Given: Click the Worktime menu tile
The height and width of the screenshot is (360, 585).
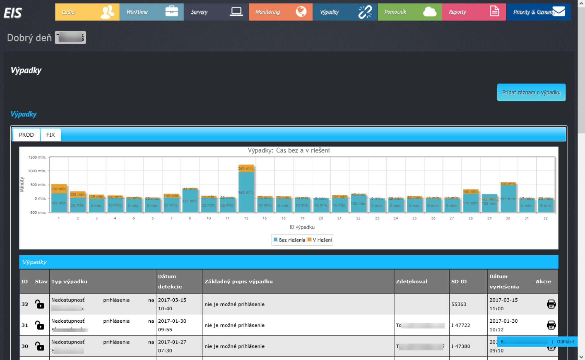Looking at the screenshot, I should pyautogui.click(x=151, y=12).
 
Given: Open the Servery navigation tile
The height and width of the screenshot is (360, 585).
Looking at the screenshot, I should pyautogui.click(x=216, y=12).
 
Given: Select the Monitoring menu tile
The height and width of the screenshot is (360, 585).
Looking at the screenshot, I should pyautogui.click(x=280, y=12).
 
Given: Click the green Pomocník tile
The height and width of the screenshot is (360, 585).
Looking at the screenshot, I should pyautogui.click(x=409, y=12).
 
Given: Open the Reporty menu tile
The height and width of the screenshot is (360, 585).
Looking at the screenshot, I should pyautogui.click(x=473, y=12).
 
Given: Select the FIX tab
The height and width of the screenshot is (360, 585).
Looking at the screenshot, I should pyautogui.click(x=50, y=135).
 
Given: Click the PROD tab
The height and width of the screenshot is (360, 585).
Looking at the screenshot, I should pyautogui.click(x=26, y=135).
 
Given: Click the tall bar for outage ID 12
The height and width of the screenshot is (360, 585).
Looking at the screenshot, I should pyautogui.click(x=246, y=190).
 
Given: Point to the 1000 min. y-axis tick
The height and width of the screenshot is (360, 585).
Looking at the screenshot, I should pyautogui.click(x=37, y=171).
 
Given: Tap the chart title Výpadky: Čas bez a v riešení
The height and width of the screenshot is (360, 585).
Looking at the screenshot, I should pyautogui.click(x=288, y=150).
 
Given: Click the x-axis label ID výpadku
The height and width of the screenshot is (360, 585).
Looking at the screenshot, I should pyautogui.click(x=302, y=227).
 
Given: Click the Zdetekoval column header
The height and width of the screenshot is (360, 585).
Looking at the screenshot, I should pyautogui.click(x=411, y=282).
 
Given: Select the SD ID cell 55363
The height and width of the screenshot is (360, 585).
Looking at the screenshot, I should pyautogui.click(x=459, y=304).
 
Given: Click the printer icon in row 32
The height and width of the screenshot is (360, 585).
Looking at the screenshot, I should pyautogui.click(x=551, y=304).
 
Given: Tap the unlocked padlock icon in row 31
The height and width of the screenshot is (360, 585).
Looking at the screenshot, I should pyautogui.click(x=40, y=325).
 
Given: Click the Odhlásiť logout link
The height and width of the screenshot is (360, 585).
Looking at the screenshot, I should pyautogui.click(x=565, y=342).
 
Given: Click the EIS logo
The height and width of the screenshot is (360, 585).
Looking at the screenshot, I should pyautogui.click(x=13, y=13).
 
